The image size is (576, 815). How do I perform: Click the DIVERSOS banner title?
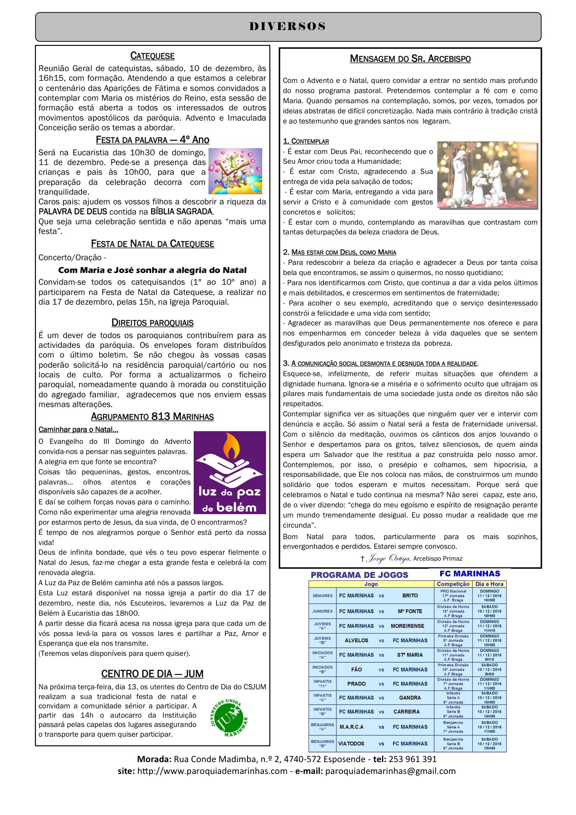288,27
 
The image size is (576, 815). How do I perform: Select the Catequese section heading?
152,56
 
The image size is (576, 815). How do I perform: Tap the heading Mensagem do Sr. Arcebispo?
410,59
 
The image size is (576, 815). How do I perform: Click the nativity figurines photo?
487,175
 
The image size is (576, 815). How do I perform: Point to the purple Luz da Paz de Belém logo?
230,472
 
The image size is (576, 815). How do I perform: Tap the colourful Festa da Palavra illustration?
235,171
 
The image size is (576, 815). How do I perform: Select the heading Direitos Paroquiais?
152,323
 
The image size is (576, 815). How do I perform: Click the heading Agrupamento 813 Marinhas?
152,417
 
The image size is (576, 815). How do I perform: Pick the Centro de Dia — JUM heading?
152,674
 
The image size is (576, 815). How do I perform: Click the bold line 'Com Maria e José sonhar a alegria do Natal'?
152,270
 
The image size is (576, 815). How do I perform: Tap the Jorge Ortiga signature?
389,559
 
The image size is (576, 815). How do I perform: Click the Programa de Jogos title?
359,575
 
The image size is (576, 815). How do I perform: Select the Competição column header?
453,584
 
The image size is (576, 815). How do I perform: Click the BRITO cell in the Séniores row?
410,595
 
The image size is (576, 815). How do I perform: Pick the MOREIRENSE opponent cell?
407,626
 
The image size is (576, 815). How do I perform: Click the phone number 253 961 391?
412,759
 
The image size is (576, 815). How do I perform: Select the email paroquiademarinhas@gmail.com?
390,771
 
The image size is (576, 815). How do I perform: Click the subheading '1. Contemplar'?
306,141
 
